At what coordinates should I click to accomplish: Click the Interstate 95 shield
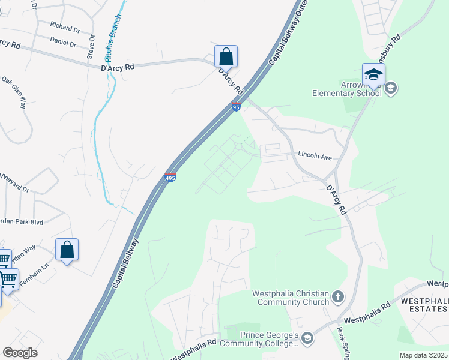coord(236,107)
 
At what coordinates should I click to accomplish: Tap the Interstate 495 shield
coord(170,178)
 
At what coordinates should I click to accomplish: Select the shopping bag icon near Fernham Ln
coord(67,250)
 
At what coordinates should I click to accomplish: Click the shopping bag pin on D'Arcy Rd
coord(226,56)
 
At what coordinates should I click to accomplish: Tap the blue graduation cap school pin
coord(373,74)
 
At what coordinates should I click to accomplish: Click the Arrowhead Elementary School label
coord(346,89)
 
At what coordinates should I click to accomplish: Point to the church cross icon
coord(338,296)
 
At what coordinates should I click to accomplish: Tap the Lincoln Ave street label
coord(315,156)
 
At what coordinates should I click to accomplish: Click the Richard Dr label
coord(65,27)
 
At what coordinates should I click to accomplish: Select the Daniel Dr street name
coord(63,43)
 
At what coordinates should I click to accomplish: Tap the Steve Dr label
coord(91,46)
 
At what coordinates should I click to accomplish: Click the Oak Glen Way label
coord(14,92)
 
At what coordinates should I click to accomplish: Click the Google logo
coord(20,353)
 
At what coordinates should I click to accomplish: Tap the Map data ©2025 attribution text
coord(423,355)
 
